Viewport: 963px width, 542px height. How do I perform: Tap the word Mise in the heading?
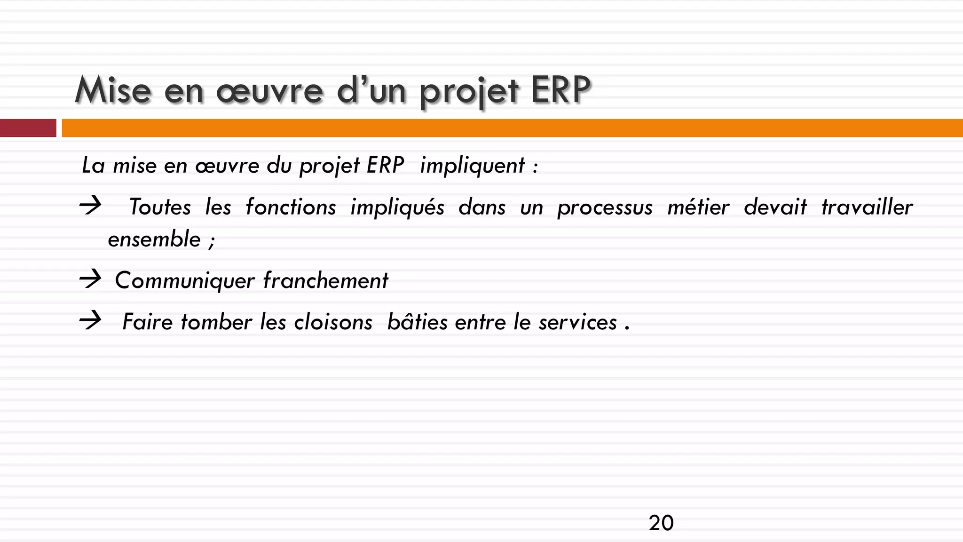113,90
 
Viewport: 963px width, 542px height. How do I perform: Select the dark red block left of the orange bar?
28,128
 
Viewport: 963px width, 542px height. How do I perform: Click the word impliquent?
472,166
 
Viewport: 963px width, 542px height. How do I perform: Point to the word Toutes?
160,207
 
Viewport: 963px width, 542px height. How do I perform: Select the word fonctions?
291,207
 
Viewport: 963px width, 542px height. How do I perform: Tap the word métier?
698,207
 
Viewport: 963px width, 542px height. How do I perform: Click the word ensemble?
154,239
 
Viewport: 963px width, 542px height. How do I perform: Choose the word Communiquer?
184,281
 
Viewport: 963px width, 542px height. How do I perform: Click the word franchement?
325,280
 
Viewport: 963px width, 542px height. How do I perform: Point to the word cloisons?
333,322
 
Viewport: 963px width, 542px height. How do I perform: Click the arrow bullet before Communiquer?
90,279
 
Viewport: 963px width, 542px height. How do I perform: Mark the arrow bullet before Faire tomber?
90,321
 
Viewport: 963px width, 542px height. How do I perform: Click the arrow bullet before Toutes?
90,206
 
